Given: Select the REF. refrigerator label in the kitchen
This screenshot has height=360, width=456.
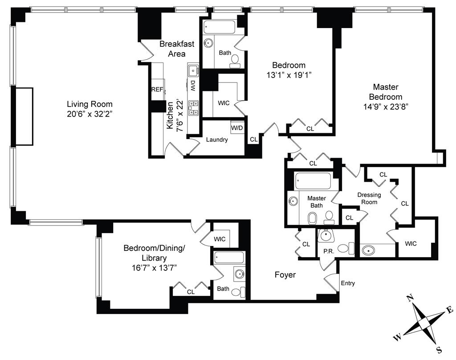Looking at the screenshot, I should tap(157, 90).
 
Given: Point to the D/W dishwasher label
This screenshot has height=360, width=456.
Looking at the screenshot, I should tap(193, 86).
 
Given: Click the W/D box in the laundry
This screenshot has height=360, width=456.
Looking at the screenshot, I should tap(237, 128).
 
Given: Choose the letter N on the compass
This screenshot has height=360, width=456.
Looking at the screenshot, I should tap(412, 298).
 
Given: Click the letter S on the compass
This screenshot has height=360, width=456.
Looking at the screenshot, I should tap(438, 349).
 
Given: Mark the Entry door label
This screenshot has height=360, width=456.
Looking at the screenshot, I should tap(348, 283).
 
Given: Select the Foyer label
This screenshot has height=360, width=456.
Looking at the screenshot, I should tap(285, 275).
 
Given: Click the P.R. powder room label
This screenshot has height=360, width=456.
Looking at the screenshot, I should tap(329, 251).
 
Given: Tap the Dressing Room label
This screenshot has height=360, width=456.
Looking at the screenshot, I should tap(369, 198).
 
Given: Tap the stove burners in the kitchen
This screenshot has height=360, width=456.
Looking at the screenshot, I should tap(194, 108).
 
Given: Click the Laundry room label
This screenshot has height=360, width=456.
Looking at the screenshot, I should tap(217, 139).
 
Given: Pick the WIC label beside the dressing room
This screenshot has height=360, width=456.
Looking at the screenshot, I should tap(411, 244).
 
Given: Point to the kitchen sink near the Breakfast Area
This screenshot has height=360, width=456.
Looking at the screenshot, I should tap(193, 70).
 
